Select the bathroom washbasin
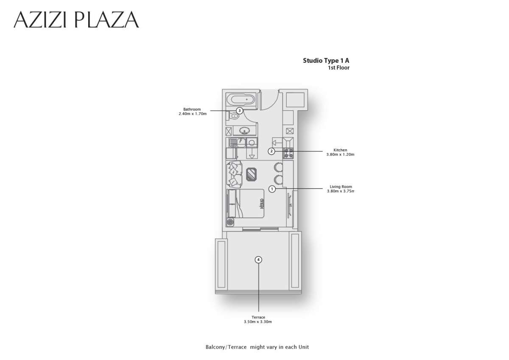tap(245, 131)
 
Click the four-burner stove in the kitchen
tap(288, 153)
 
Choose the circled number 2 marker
tap(272, 151)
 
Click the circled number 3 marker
tap(239, 111)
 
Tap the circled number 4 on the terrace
tap(258, 260)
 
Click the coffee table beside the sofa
tap(252, 174)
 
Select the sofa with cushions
tap(234, 174)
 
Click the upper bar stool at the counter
tap(278, 167)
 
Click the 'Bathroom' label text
tap(192, 109)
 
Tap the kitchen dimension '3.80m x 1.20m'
tap(340, 155)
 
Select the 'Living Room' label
tap(341, 187)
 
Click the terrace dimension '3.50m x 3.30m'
tap(258, 322)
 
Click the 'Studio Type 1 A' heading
tap(326, 61)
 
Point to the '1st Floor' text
tap(338, 68)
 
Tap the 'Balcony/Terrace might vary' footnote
tap(257, 347)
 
